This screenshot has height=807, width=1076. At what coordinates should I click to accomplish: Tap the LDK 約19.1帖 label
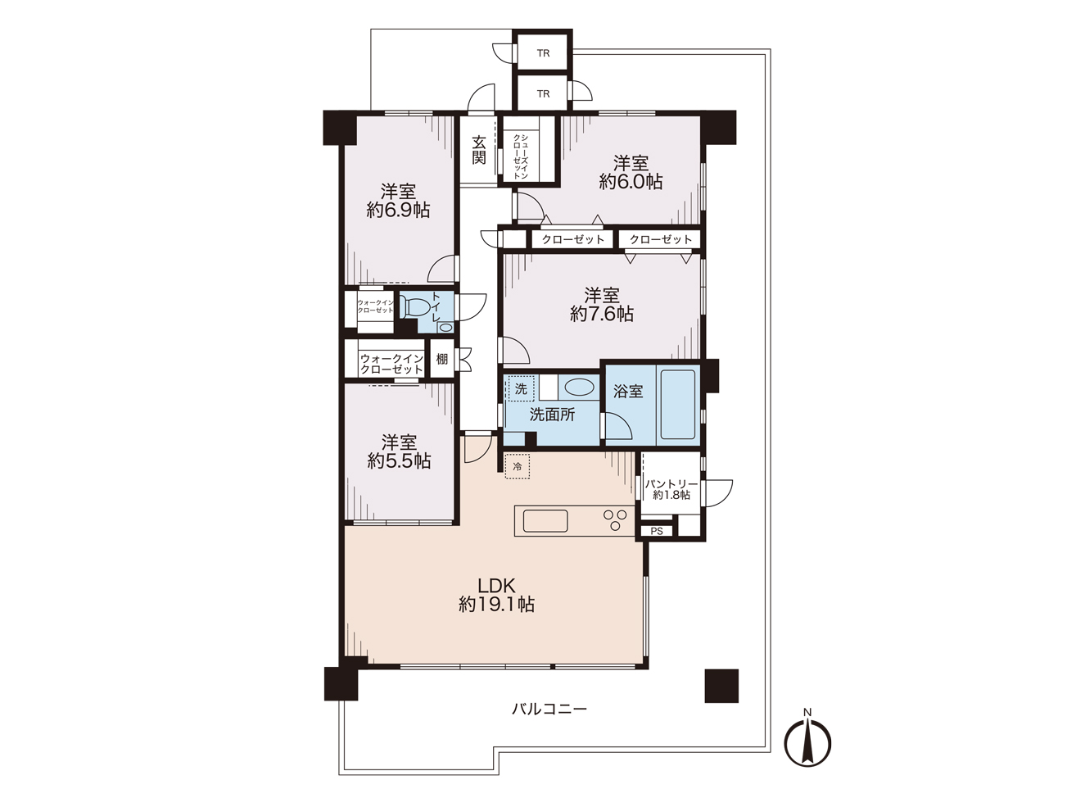pyautogui.click(x=496, y=595)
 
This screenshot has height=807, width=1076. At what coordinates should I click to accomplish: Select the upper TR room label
pyautogui.click(x=543, y=53)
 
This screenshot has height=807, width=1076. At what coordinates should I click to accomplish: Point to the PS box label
pyautogui.click(x=657, y=531)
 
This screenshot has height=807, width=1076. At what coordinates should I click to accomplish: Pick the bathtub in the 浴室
pyautogui.click(x=677, y=405)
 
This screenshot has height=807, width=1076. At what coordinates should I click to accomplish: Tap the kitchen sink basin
pyautogui.click(x=545, y=521)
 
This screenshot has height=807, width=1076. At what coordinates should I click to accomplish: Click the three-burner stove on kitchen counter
pyautogui.click(x=615, y=519)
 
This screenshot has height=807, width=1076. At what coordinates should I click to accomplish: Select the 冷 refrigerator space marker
pyautogui.click(x=518, y=466)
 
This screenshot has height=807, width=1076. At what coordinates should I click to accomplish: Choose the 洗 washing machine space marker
pyautogui.click(x=521, y=389)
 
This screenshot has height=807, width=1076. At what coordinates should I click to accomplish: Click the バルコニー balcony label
pyautogui.click(x=549, y=709)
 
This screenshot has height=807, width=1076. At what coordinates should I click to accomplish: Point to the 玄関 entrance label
pyautogui.click(x=479, y=150)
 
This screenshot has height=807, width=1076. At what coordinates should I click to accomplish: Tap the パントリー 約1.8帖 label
pyautogui.click(x=671, y=489)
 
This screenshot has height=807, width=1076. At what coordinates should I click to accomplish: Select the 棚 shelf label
pyautogui.click(x=442, y=359)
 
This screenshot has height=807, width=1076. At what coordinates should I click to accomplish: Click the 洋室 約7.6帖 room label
pyautogui.click(x=602, y=304)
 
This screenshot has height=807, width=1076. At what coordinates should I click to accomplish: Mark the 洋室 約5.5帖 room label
pyautogui.click(x=399, y=451)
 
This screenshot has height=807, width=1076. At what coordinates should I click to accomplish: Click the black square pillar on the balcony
pyautogui.click(x=721, y=686)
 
